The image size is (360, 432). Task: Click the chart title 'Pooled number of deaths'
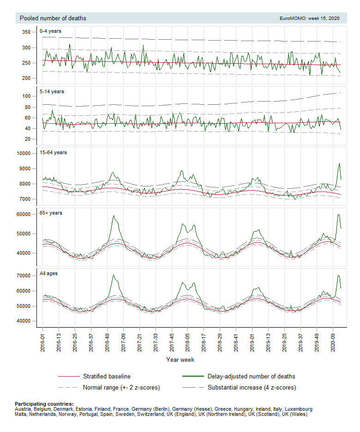(x=53, y=18)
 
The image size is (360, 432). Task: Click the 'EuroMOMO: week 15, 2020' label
(x=309, y=18)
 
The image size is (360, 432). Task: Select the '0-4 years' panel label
(x=51, y=31)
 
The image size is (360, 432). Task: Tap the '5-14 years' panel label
(x=52, y=91)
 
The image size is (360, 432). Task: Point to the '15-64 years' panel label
(x=54, y=152)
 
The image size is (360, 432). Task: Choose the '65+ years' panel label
(x=51, y=213)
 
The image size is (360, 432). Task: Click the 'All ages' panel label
(x=49, y=273)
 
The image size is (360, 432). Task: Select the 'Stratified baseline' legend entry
(x=106, y=376)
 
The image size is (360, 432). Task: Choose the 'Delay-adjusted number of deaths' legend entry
(x=251, y=376)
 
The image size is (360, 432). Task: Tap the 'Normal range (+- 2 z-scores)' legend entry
(x=121, y=387)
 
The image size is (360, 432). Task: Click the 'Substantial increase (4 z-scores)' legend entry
(x=252, y=387)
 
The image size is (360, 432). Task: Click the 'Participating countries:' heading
(x=44, y=404)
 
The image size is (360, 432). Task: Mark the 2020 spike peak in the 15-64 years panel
(x=339, y=163)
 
